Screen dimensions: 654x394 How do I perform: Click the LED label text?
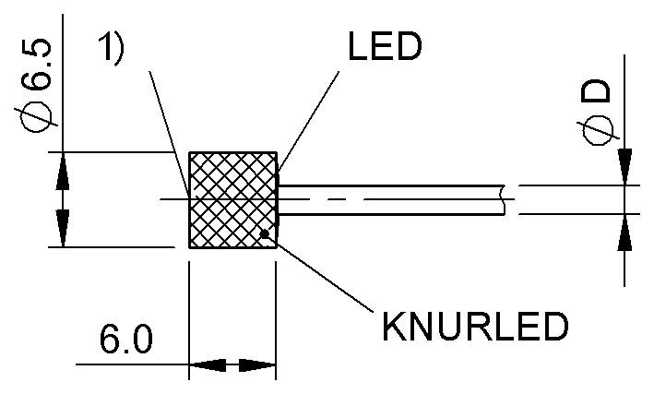click(x=385, y=46)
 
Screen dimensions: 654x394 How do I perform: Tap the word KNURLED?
click(x=475, y=326)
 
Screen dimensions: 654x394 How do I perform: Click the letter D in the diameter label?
click(x=596, y=91)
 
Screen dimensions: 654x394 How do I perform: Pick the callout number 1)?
click(x=112, y=48)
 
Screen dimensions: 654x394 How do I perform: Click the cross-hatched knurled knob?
click(x=232, y=200)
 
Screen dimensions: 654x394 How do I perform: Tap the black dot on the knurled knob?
click(x=264, y=233)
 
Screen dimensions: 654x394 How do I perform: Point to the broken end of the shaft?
click(x=504, y=200)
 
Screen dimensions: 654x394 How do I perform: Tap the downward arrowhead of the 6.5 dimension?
click(x=63, y=229)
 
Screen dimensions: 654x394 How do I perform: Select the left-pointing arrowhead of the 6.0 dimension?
click(x=208, y=364)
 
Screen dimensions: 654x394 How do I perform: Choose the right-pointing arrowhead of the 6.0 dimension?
click(x=257, y=364)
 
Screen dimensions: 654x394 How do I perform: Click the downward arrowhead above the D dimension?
click(x=624, y=166)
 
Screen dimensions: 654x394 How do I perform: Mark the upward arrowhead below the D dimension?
click(x=624, y=233)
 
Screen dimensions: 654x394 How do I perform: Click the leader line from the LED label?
click(x=309, y=121)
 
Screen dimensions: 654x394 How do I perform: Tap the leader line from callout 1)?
click(x=170, y=135)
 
